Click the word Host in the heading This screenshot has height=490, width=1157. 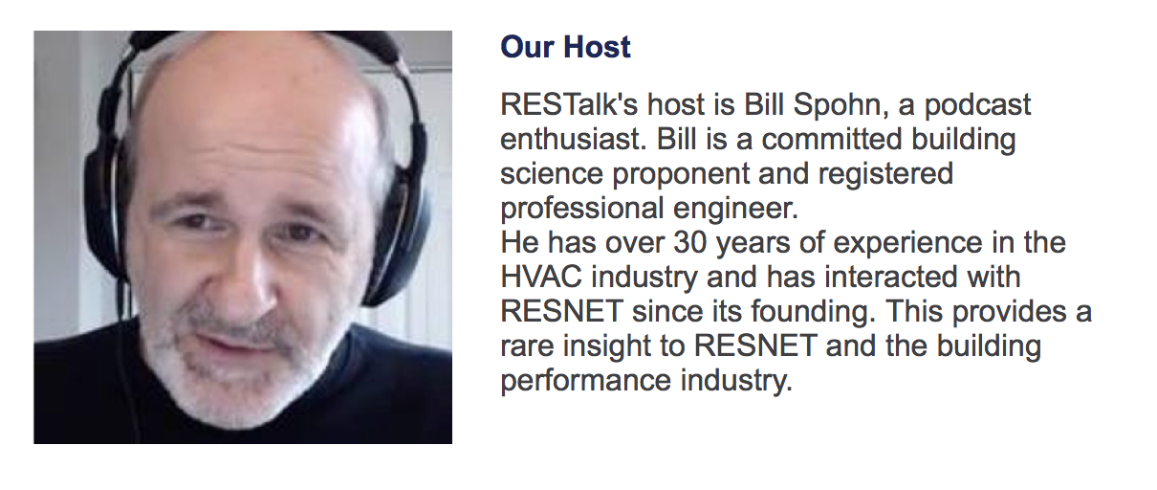click(x=597, y=47)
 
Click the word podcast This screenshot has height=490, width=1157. click(x=977, y=105)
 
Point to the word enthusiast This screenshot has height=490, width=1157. click(x=574, y=139)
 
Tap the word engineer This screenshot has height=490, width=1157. click(x=735, y=209)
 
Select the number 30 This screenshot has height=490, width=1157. click(x=689, y=242)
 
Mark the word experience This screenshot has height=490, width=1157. click(x=907, y=243)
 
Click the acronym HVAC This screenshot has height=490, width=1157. click(x=541, y=277)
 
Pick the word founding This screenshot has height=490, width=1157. click(x=813, y=312)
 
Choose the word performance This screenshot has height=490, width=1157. click(x=586, y=382)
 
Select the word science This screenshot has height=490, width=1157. click(x=552, y=173)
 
